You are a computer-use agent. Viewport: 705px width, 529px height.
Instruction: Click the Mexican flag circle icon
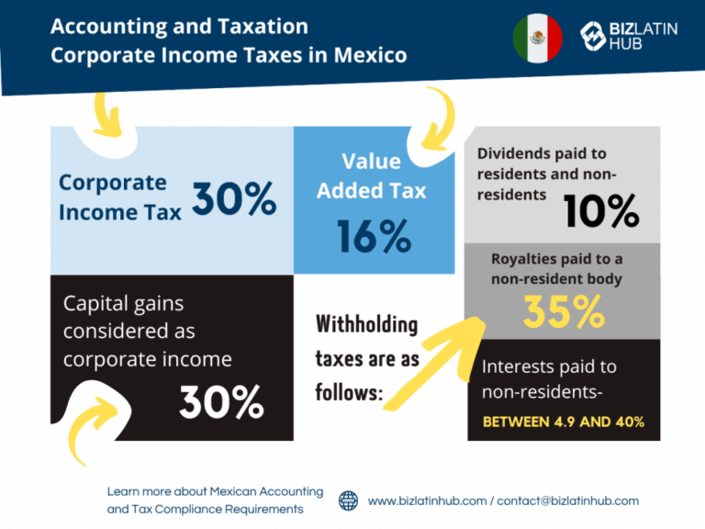pyautogui.click(x=537, y=39)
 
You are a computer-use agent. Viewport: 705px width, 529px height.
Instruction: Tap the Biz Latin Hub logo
pyautogui.click(x=630, y=36)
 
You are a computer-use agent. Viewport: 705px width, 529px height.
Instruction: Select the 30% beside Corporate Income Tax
pyautogui.click(x=234, y=198)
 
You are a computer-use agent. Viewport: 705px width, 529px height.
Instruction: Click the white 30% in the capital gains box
pyautogui.click(x=221, y=401)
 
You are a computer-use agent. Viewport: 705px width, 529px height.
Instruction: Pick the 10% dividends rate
pyautogui.click(x=601, y=212)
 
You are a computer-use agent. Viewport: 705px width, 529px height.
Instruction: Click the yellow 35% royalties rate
pyautogui.click(x=564, y=312)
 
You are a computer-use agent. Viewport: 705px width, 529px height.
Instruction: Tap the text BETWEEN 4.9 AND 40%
pyautogui.click(x=564, y=422)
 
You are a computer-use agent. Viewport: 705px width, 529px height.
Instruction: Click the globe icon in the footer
pyautogui.click(x=349, y=501)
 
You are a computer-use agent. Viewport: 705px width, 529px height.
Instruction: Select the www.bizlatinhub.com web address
pyautogui.click(x=427, y=501)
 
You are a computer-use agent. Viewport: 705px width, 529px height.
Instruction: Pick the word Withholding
pyautogui.click(x=366, y=325)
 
